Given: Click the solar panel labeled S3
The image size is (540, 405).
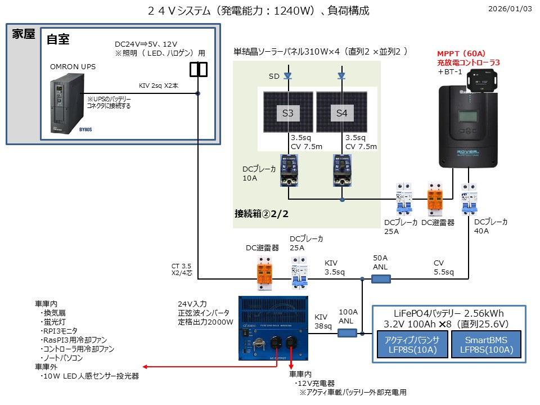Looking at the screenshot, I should click(287, 112).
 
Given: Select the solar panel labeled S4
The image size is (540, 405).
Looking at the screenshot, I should click(341, 112).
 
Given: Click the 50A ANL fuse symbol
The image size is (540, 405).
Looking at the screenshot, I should click(381, 278).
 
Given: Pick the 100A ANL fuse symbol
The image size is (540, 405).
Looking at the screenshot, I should click(346, 333).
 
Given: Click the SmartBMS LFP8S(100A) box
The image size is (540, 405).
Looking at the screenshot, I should click(487, 344).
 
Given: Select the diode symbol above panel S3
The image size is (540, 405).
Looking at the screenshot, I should click(287, 75).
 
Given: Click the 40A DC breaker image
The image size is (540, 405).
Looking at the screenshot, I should click(469, 199).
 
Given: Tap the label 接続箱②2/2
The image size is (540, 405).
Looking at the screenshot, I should click(262, 214).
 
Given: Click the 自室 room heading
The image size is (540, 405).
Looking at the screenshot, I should click(58, 39).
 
